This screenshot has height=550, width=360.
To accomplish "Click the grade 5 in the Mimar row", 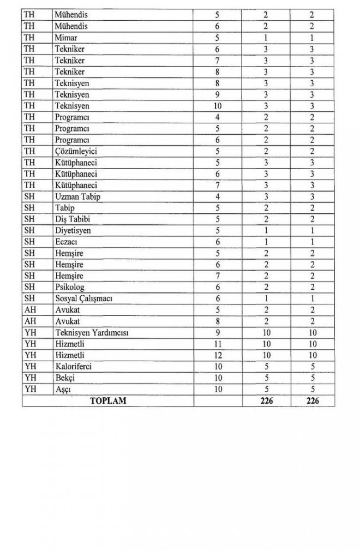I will (x=217, y=38).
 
